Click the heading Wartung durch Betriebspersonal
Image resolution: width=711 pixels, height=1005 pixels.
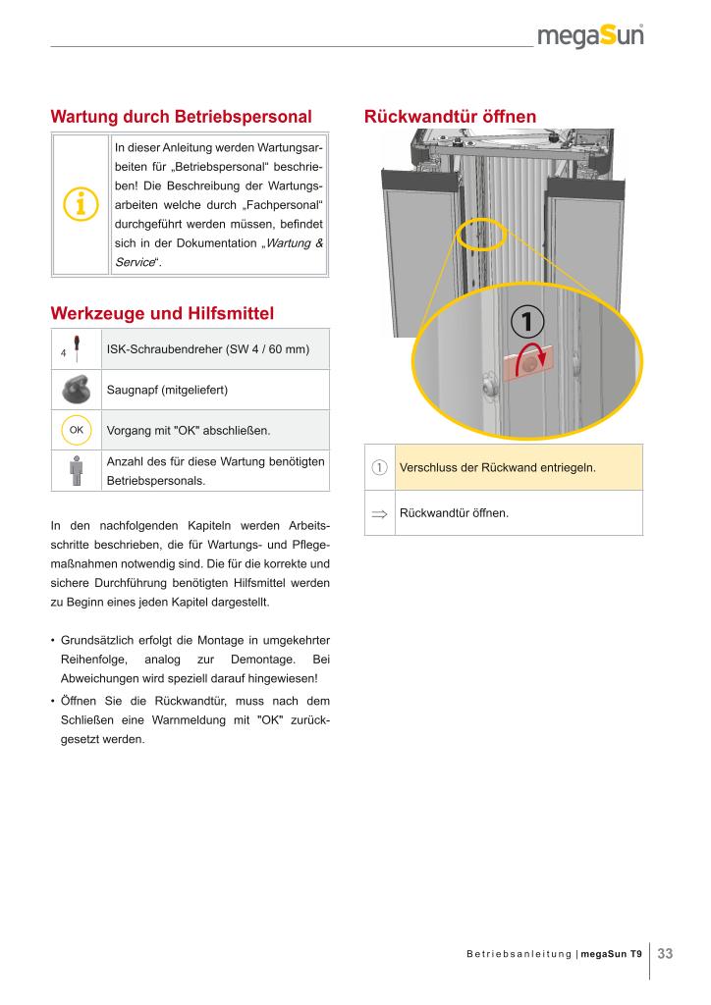[181, 117]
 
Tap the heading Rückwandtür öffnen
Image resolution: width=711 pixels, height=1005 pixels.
[450, 117]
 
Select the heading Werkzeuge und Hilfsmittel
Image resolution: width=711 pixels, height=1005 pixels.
[162, 314]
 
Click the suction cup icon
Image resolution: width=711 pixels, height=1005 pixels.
[77, 390]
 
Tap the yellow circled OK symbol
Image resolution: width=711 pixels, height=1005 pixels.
[77, 430]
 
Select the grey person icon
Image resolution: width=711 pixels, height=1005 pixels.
[77, 470]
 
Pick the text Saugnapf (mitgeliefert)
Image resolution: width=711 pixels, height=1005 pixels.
[167, 390]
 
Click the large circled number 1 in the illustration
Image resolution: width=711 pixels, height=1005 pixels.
[526, 321]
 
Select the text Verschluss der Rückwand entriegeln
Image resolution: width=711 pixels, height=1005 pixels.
[498, 467]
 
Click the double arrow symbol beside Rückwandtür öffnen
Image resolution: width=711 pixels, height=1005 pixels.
[379, 513]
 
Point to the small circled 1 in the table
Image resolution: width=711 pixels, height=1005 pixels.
[379, 467]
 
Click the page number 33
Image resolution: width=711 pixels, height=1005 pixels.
[665, 953]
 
